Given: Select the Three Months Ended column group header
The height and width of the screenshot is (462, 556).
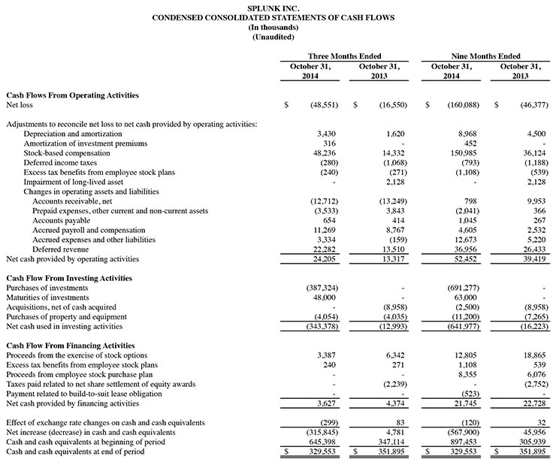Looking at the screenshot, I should [345, 56].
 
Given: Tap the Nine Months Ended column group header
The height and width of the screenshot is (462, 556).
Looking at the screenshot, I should [485, 56].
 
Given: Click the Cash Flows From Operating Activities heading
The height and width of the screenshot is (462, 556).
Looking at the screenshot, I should [72, 95].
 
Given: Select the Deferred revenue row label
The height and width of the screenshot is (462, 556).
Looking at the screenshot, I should [60, 249].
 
